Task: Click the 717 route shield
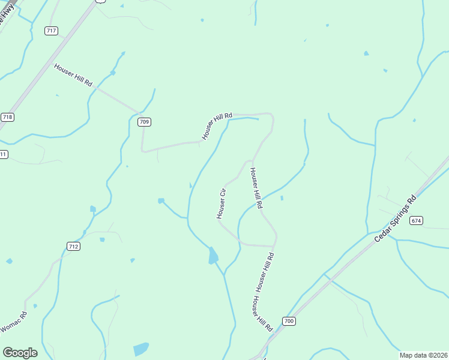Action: pyautogui.click(x=51, y=31)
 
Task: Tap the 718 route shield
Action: pyautogui.click(x=7, y=117)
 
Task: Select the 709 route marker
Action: pyautogui.click(x=143, y=122)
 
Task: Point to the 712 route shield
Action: pyautogui.click(x=73, y=247)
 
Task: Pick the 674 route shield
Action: pyautogui.click(x=417, y=221)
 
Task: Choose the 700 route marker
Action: pyautogui.click(x=289, y=321)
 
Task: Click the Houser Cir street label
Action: pyautogui.click(x=221, y=203)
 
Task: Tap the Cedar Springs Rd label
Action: pyautogui.click(x=395, y=219)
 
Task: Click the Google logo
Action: pyautogui.click(x=20, y=353)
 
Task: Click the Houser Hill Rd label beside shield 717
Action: pyautogui.click(x=73, y=75)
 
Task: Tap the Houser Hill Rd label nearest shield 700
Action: pyautogui.click(x=263, y=314)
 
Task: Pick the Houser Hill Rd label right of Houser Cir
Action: pyautogui.click(x=256, y=188)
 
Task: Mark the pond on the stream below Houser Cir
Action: pyautogui.click(x=213, y=256)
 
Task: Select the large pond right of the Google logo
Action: pyautogui.click(x=141, y=349)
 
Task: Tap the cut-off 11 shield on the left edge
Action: pyautogui.click(x=3, y=155)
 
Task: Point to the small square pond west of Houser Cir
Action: pyautogui.click(x=161, y=201)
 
